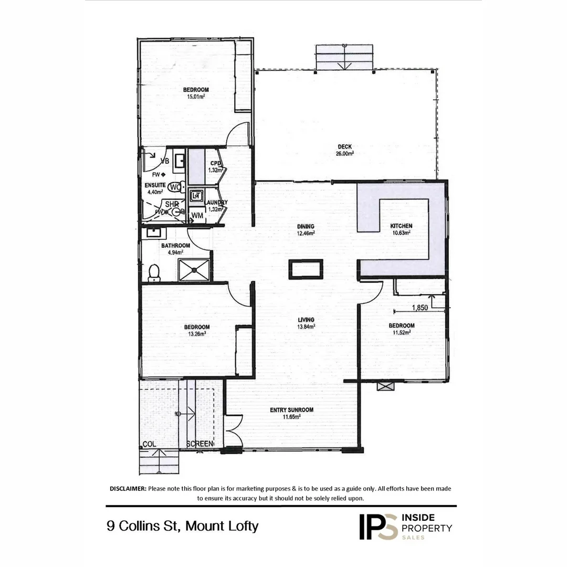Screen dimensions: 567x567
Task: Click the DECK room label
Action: (x=345, y=147)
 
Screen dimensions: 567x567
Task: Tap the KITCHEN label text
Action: (x=401, y=226)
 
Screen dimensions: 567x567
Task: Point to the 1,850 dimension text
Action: (x=419, y=308)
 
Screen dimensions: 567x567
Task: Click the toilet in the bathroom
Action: (x=154, y=272)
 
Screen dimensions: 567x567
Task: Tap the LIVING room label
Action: (x=306, y=320)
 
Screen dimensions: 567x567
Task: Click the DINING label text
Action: (x=306, y=226)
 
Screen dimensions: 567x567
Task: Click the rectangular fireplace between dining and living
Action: (x=306, y=269)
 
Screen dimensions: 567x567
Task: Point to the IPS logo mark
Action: (x=377, y=526)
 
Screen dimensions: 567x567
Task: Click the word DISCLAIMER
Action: (x=128, y=489)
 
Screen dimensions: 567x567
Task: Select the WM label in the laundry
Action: (x=197, y=215)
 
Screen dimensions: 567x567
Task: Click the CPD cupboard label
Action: (x=216, y=163)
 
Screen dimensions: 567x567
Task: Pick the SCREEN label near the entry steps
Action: (x=200, y=444)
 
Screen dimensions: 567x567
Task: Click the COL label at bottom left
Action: (x=150, y=444)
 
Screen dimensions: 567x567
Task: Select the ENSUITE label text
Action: (x=155, y=185)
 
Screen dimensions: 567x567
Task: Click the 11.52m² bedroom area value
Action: (x=402, y=332)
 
